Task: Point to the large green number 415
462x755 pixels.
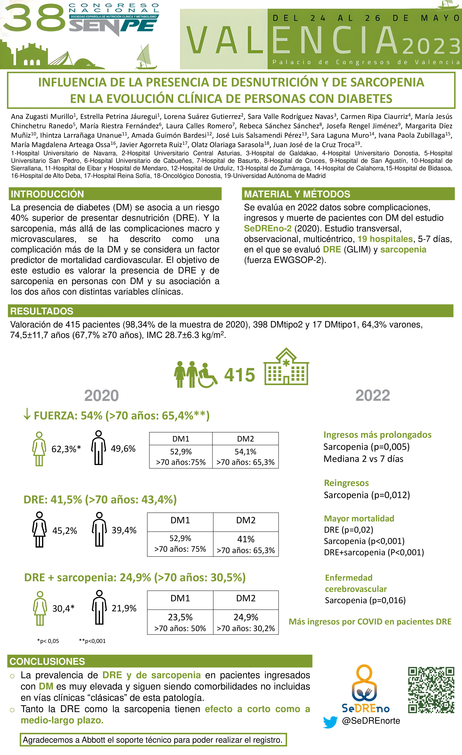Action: click(239, 375)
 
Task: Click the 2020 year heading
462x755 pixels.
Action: click(102, 395)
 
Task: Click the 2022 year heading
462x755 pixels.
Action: click(373, 395)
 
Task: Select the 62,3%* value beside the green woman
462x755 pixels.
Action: click(66, 449)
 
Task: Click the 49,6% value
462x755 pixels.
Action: click(123, 449)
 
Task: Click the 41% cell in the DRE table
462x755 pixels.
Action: click(246, 539)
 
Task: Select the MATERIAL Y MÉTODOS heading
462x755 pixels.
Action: click(297, 194)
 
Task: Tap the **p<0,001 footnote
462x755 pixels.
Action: click(92, 641)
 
